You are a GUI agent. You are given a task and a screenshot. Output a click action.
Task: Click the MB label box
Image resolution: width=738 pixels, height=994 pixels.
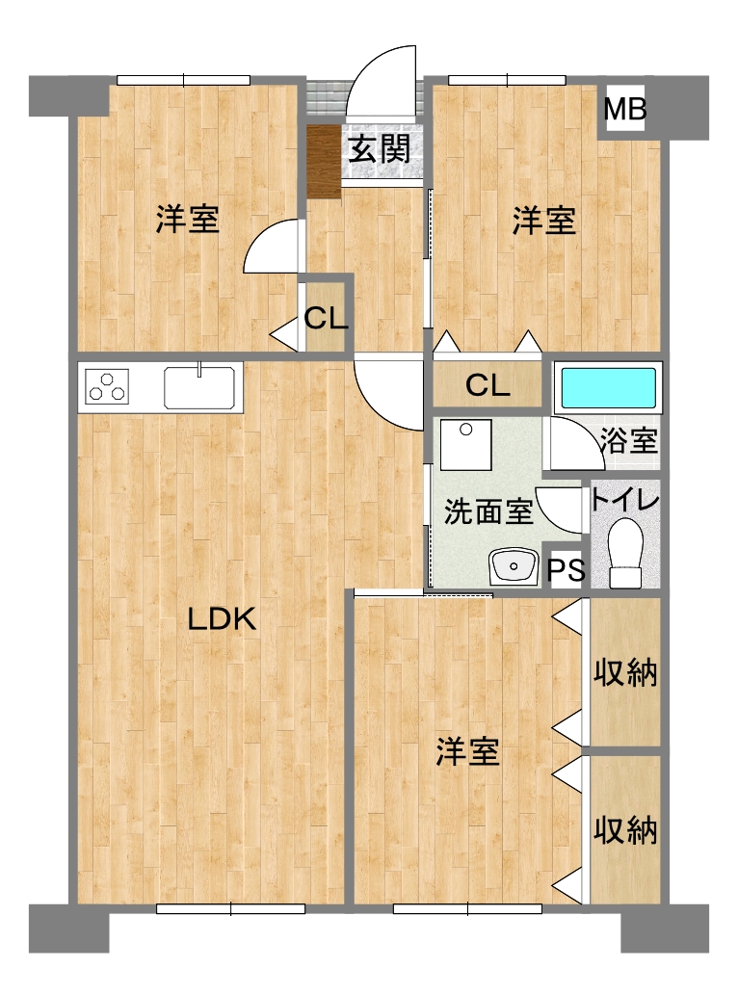[x=625, y=109]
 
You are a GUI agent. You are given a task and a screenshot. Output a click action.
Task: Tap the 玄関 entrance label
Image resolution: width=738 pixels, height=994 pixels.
[x=380, y=149]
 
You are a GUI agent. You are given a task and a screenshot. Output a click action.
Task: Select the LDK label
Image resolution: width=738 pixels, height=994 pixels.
[x=222, y=619]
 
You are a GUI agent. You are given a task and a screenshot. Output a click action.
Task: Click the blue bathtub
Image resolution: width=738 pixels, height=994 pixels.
[x=609, y=388]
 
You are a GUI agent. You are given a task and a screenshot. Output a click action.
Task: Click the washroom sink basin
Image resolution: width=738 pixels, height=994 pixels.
[x=513, y=565]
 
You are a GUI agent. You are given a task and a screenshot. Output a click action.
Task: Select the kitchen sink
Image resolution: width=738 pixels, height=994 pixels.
[x=199, y=387]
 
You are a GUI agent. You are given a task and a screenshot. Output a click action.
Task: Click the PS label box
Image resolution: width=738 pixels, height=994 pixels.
[x=567, y=569]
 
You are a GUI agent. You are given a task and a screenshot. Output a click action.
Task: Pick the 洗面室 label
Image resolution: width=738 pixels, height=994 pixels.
[x=488, y=511]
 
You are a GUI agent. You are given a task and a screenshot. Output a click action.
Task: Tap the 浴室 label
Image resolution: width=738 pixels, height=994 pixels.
[x=629, y=440]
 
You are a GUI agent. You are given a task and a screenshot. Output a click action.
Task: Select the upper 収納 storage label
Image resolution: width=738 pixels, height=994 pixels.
[x=625, y=672]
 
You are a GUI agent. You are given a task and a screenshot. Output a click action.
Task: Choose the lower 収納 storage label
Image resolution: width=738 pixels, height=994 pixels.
[x=625, y=830]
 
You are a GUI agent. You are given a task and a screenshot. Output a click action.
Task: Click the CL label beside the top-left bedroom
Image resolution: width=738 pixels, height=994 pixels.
[x=326, y=319]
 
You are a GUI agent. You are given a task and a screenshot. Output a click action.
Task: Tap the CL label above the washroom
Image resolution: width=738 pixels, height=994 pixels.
[x=488, y=385]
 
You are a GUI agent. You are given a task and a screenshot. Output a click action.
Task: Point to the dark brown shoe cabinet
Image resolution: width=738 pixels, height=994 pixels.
[x=324, y=161]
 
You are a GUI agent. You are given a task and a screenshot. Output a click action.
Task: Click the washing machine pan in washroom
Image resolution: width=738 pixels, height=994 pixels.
[x=466, y=444]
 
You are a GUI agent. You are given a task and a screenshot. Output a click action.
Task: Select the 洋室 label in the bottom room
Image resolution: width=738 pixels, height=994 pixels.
[x=468, y=751]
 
